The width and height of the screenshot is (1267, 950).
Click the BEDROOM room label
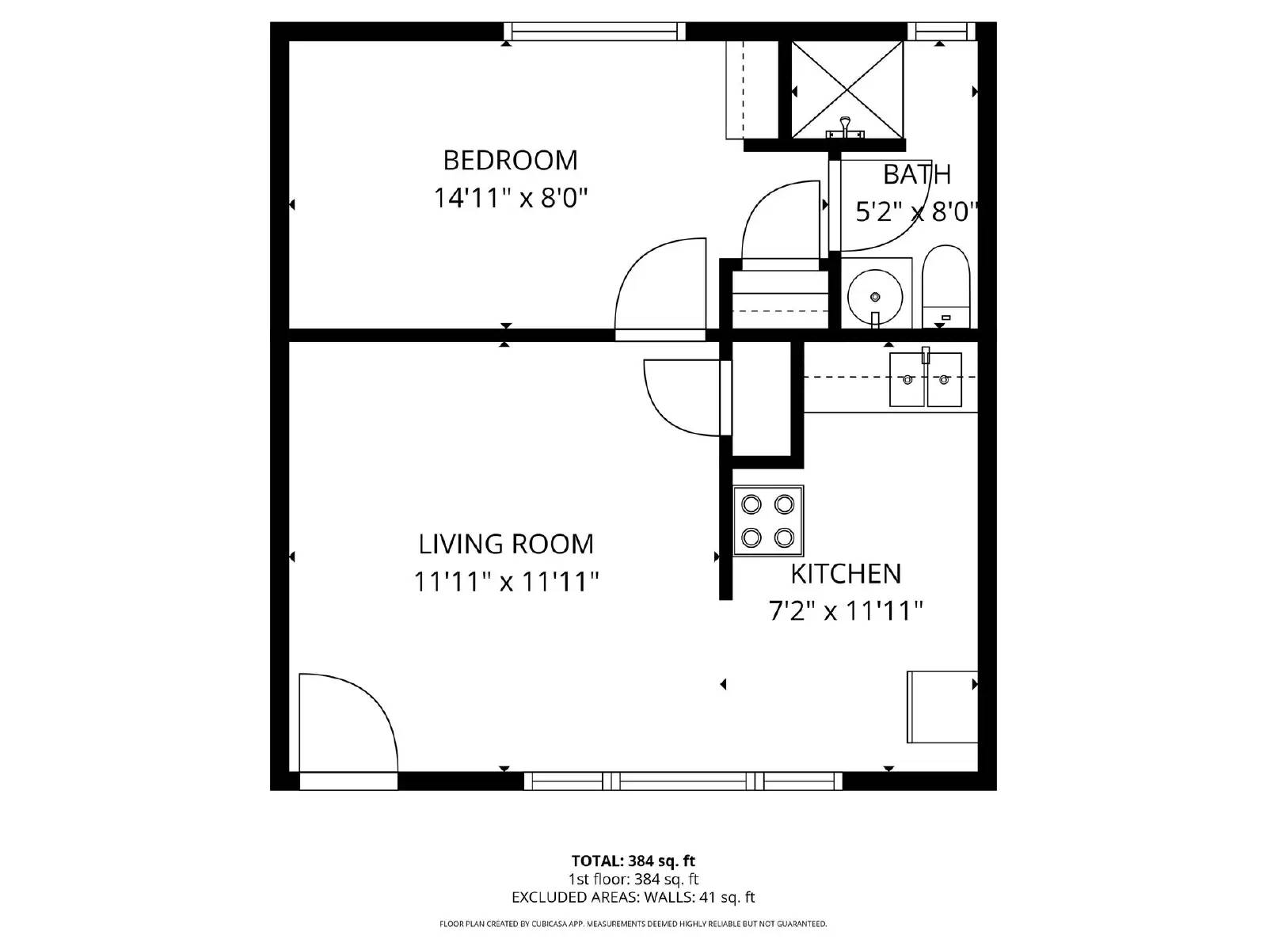(x=510, y=161)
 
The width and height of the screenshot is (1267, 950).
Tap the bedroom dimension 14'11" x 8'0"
(x=510, y=198)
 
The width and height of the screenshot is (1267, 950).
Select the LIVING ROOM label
(x=506, y=545)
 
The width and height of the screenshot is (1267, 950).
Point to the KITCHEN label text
(x=846, y=574)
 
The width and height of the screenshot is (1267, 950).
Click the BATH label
(x=916, y=174)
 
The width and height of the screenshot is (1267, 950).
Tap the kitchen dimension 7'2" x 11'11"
(x=846, y=611)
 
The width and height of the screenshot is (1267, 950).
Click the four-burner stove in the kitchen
(x=767, y=521)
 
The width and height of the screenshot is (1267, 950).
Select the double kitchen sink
(x=925, y=380)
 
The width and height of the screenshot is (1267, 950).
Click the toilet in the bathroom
(x=946, y=287)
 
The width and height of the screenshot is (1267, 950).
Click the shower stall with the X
(x=847, y=89)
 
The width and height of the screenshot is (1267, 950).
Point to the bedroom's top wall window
(x=595, y=32)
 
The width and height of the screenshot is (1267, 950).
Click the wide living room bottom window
(x=683, y=781)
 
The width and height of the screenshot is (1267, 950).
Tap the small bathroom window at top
(x=941, y=32)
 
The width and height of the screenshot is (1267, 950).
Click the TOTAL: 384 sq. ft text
(x=633, y=861)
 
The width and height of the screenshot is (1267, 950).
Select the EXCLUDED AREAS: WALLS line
(x=633, y=897)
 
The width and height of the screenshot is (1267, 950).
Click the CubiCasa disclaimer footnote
(x=633, y=924)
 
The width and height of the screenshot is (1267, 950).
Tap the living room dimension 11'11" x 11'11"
(x=506, y=583)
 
